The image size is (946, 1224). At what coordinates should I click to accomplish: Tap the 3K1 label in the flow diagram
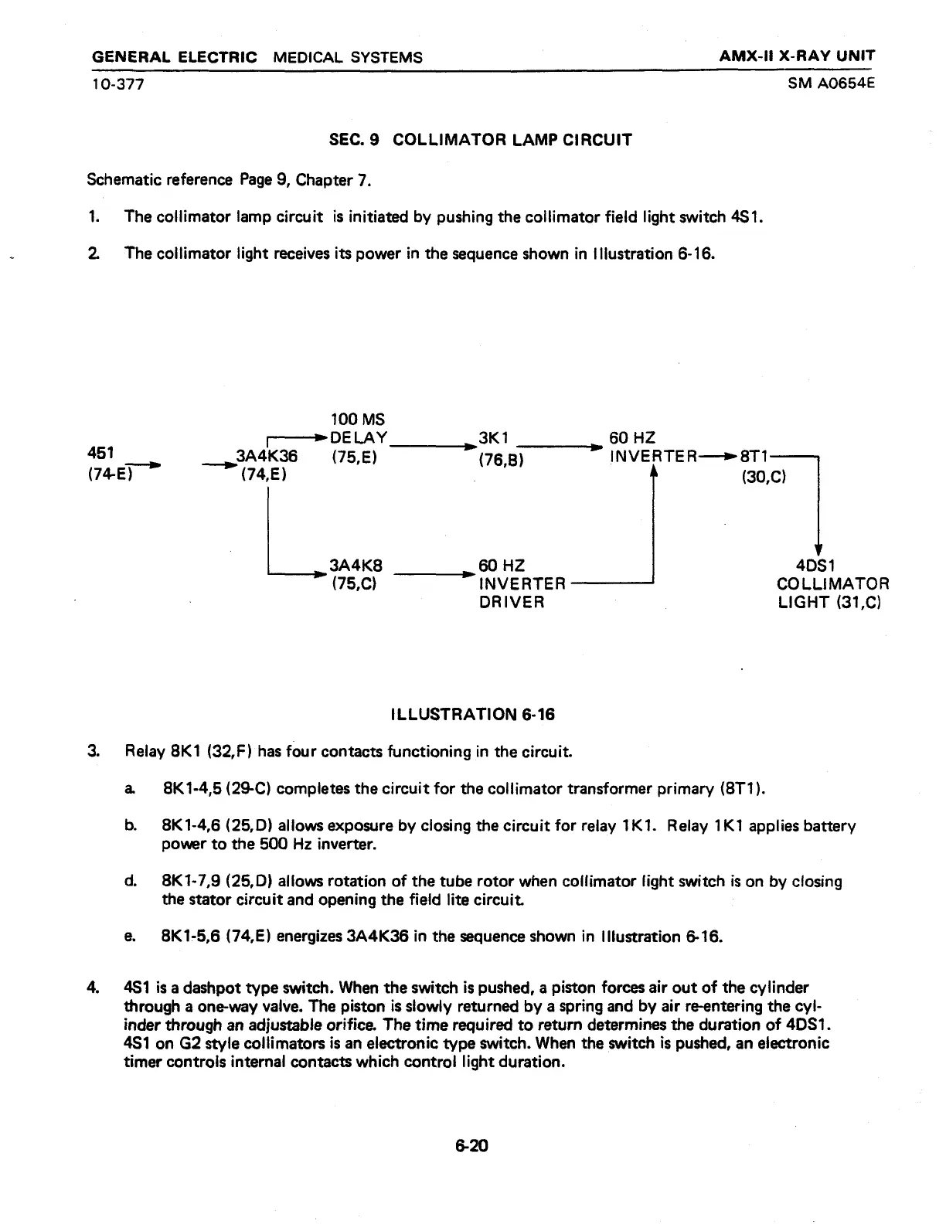(x=492, y=438)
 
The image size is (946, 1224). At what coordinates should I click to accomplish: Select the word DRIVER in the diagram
(x=512, y=602)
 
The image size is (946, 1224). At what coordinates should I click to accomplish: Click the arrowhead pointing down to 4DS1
(x=818, y=543)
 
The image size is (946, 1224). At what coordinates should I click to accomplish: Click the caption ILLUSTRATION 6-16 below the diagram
(x=473, y=714)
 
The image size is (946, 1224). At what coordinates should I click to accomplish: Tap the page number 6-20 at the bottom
(x=472, y=1146)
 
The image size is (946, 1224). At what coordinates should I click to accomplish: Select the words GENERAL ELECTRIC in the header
(x=174, y=57)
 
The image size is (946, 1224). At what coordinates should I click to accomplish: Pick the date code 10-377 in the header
(x=118, y=83)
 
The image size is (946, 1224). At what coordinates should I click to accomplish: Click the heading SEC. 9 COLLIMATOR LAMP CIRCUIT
(x=480, y=140)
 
